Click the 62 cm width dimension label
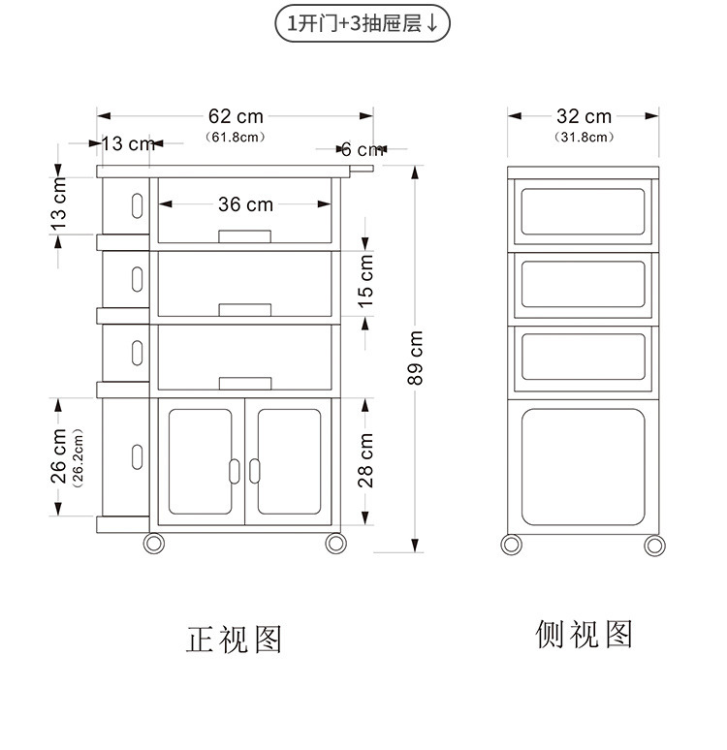tap(236, 117)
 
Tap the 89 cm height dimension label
tap(416, 358)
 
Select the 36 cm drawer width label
tap(245, 204)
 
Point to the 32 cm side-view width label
tap(584, 117)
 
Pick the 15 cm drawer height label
tap(366, 281)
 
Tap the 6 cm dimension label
tap(361, 149)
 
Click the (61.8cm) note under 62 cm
tap(236, 138)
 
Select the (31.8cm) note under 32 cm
tap(584, 138)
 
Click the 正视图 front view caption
tap(235, 640)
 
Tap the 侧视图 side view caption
tap(584, 634)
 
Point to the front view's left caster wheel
tap(154, 543)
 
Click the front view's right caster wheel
tap(334, 543)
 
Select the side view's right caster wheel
tap(655, 545)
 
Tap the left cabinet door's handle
tap(233, 470)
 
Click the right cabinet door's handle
tap(255, 470)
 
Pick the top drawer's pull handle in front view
tap(245, 236)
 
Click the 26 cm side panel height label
tap(58, 455)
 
